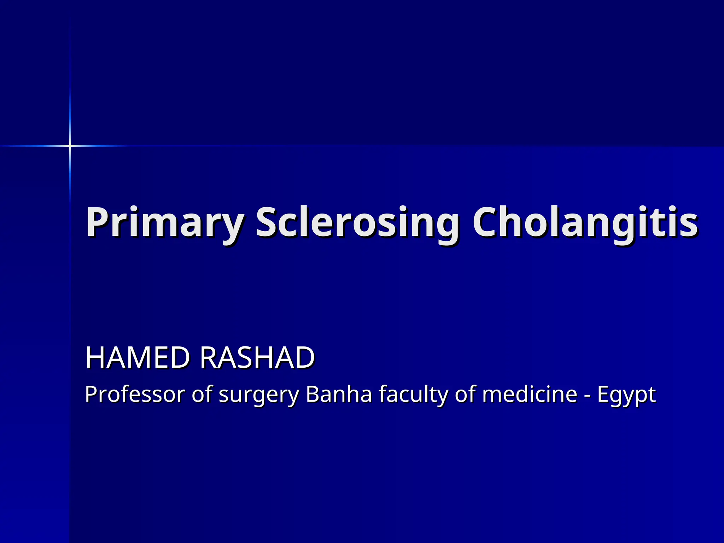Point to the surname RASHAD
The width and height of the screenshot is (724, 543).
257,358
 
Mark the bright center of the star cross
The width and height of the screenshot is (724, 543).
70,146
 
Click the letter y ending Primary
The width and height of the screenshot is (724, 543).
232,226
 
